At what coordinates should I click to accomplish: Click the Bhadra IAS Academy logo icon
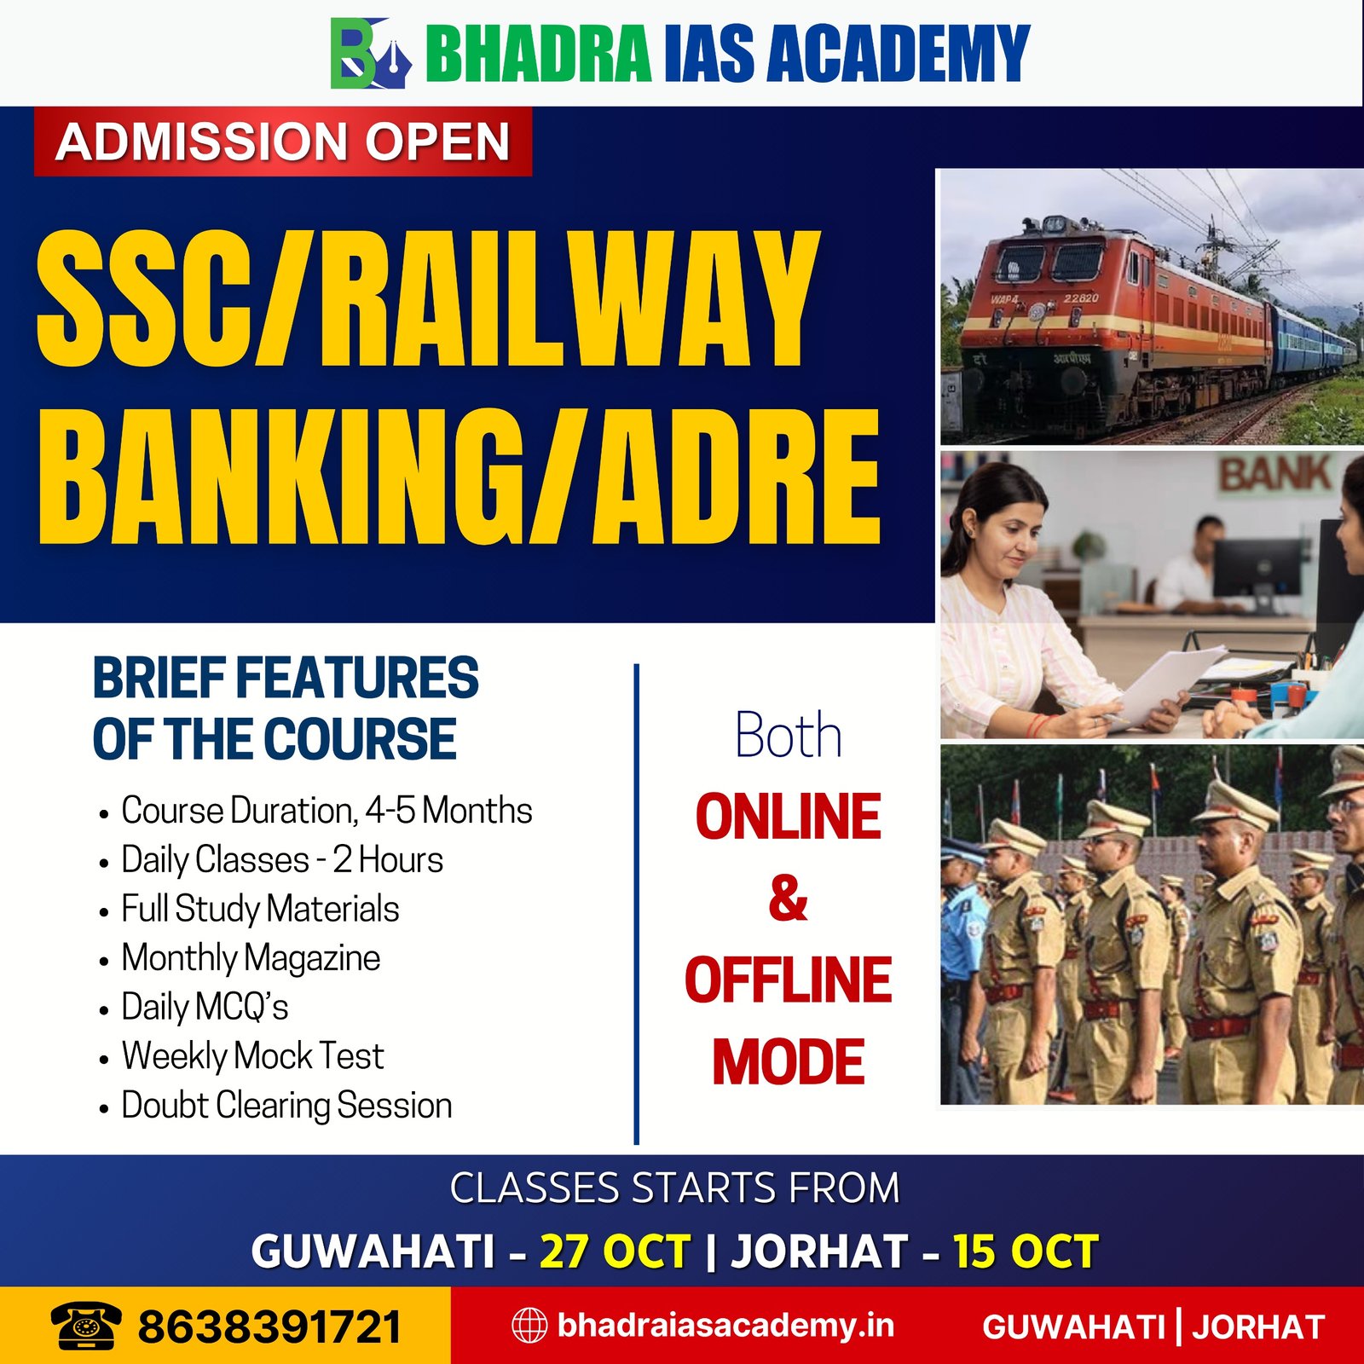(371, 54)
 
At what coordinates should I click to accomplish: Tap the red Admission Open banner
(283, 142)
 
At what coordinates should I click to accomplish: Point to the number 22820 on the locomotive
(1081, 298)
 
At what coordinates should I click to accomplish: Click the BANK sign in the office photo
(1275, 474)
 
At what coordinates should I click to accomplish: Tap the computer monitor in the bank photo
(1258, 568)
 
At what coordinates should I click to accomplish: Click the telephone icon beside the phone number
(86, 1326)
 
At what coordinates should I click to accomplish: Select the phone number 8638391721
(269, 1327)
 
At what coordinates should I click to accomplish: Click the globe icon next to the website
(529, 1326)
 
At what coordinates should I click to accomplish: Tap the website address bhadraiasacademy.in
(725, 1326)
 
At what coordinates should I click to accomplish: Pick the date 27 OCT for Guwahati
(615, 1251)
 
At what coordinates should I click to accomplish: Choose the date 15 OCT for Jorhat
(1026, 1251)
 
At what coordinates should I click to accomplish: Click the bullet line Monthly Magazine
(251, 958)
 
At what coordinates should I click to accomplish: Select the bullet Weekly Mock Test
(252, 1056)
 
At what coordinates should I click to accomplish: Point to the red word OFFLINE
(789, 980)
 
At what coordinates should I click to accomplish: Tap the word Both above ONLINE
(789, 735)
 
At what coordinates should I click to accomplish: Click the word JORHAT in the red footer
(1258, 1327)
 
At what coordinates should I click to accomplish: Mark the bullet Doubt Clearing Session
(286, 1106)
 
